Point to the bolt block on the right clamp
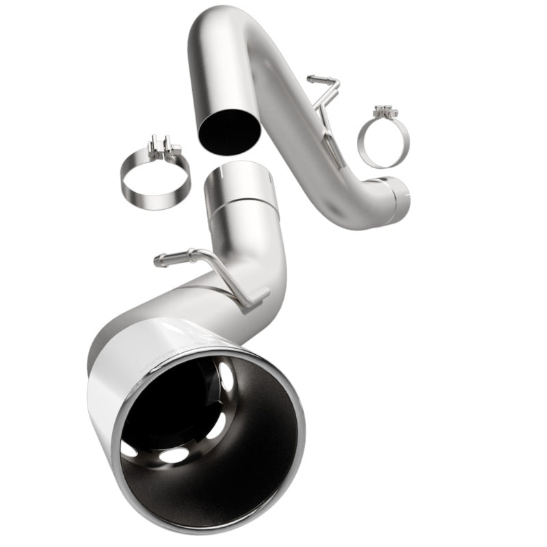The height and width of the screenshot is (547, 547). click(x=386, y=111)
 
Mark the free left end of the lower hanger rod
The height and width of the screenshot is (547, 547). click(x=159, y=261)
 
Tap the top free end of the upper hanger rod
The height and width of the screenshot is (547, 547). click(x=311, y=79)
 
